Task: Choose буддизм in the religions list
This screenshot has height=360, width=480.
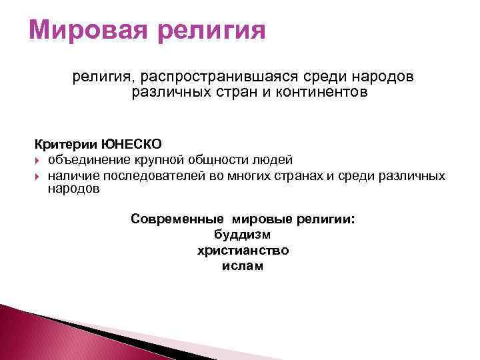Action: click(243, 235)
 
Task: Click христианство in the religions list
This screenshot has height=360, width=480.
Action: click(243, 251)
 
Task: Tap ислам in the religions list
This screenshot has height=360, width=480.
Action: click(243, 266)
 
